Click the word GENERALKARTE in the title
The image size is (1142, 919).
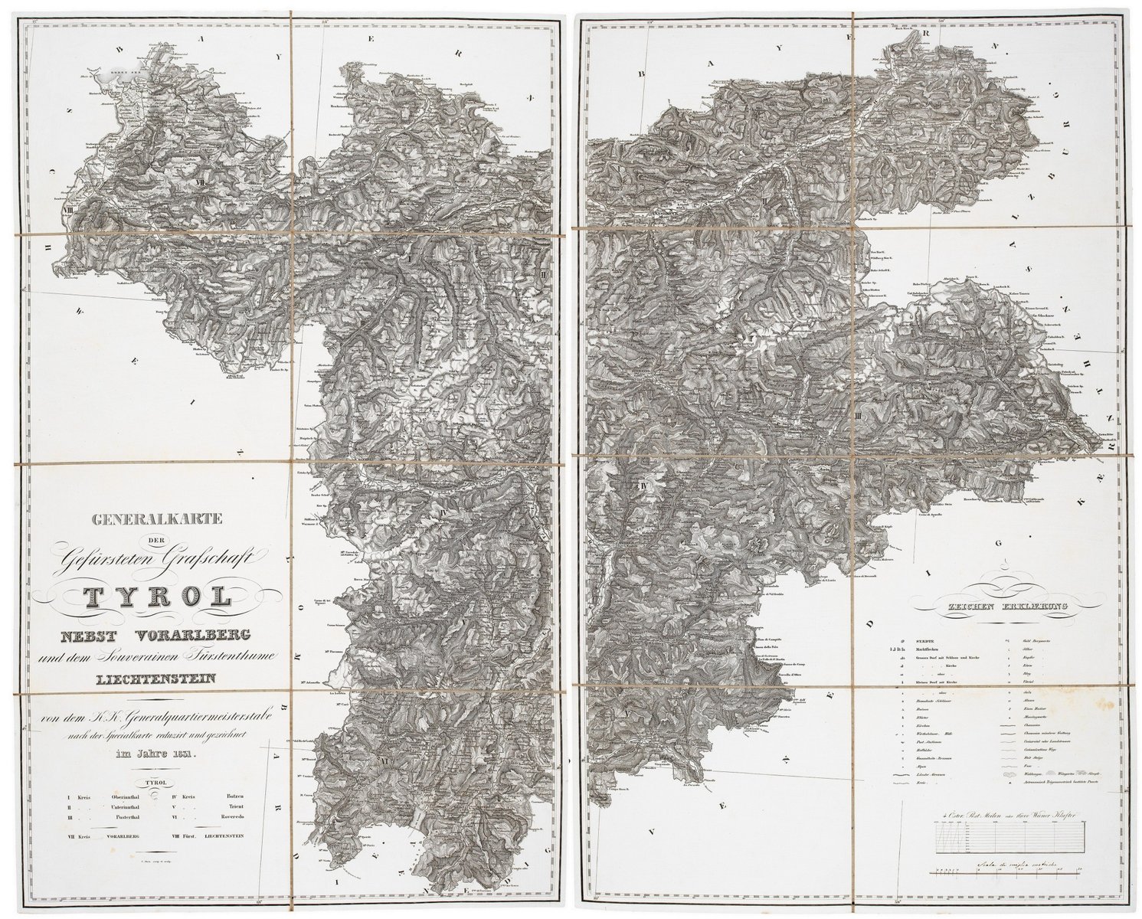point(157,520)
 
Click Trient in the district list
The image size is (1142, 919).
point(235,807)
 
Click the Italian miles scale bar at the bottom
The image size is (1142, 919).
point(1006,870)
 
